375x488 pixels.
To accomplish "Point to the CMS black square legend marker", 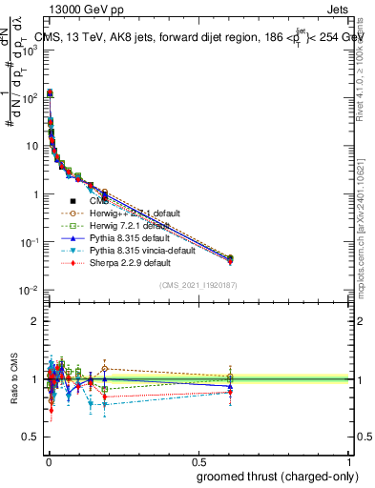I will (x=73, y=201).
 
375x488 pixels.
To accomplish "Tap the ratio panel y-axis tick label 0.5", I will (x=31, y=437).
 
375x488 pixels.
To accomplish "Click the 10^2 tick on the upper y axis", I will (x=31, y=97).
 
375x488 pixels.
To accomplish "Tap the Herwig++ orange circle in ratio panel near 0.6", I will (x=229, y=376).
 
